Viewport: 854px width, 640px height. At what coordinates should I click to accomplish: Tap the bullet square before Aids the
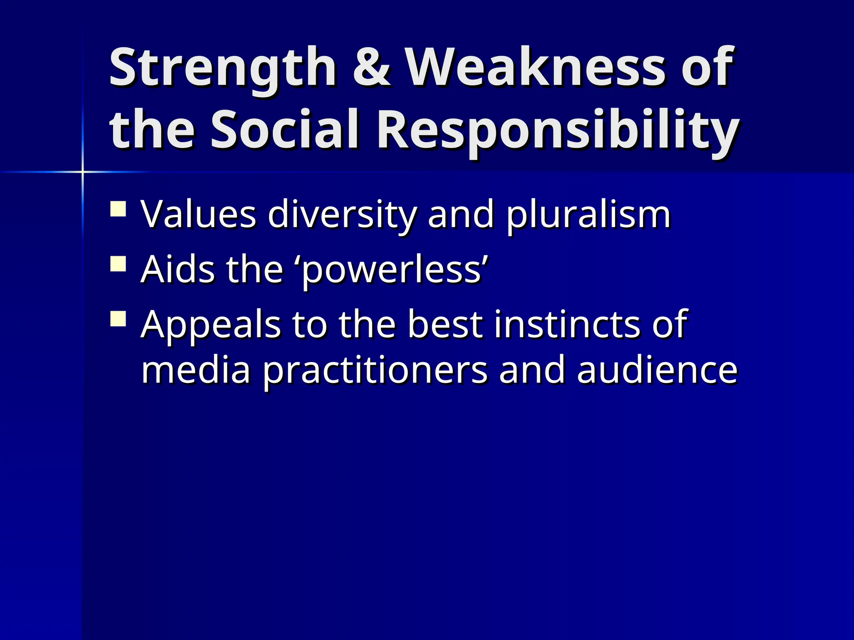(118, 264)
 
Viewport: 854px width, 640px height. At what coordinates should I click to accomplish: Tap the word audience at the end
(657, 370)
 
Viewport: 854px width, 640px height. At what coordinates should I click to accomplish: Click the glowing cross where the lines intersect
(83, 172)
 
